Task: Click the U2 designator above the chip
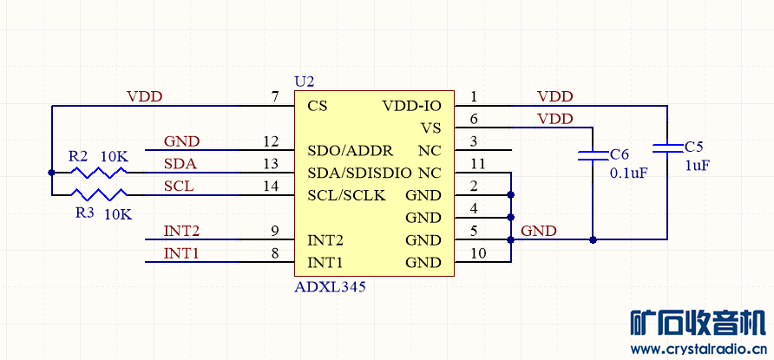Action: [305, 82]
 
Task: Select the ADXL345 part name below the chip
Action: [331, 286]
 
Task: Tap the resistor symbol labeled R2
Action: [99, 172]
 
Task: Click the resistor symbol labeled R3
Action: [99, 194]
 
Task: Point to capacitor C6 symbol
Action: [593, 155]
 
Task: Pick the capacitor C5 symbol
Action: [667, 147]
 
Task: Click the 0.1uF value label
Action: [629, 173]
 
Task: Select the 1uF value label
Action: [698, 165]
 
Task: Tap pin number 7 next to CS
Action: [275, 97]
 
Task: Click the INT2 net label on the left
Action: [181, 231]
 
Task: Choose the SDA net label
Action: [180, 163]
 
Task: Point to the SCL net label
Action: [179, 186]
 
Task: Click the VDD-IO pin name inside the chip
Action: [411, 106]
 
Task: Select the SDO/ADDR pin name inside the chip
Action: [350, 150]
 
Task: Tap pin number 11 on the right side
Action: [476, 163]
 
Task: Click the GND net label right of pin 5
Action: [539, 231]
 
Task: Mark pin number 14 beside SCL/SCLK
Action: [271, 186]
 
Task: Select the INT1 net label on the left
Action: [181, 253]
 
